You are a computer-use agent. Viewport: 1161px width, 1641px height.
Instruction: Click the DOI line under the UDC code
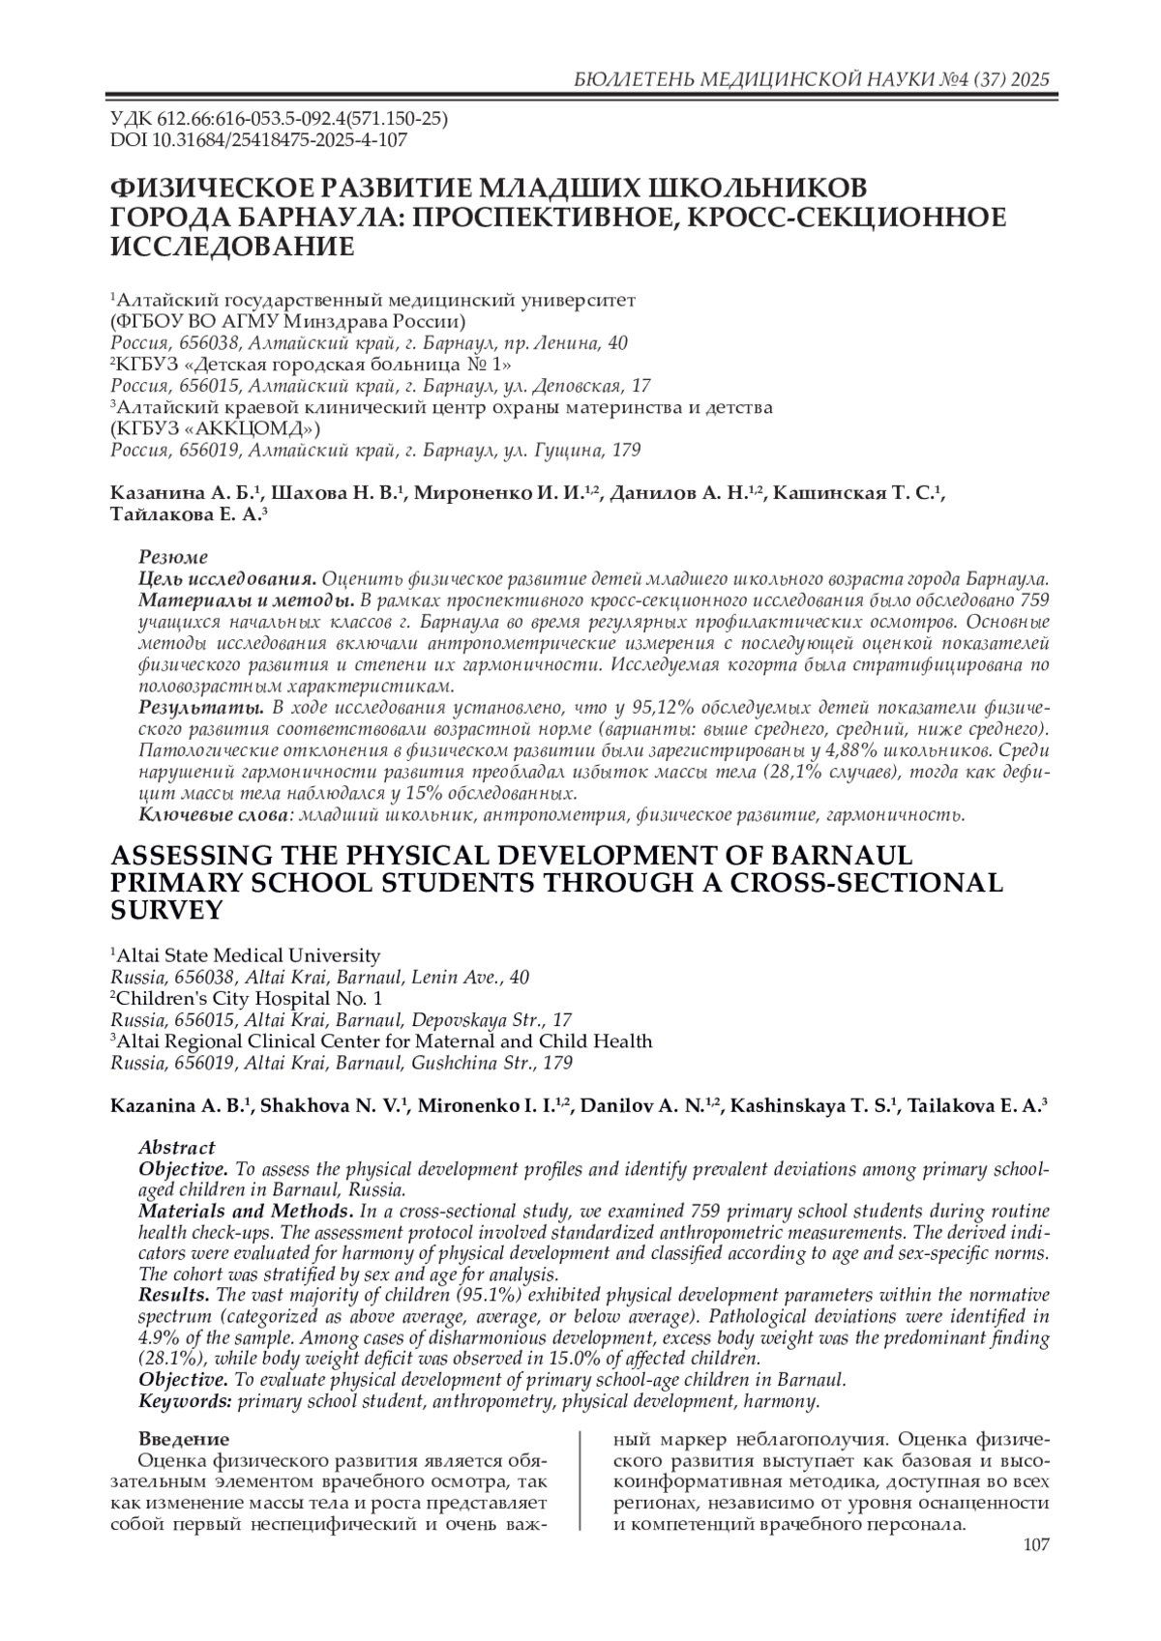pos(259,139)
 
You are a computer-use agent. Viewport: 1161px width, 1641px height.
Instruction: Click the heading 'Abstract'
pos(177,1148)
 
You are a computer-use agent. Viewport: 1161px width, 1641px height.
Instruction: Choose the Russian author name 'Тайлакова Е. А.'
pos(187,515)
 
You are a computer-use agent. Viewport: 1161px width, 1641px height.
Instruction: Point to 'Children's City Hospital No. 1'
pos(250,998)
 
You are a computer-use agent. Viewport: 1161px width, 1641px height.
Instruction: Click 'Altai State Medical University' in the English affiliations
pos(249,955)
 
